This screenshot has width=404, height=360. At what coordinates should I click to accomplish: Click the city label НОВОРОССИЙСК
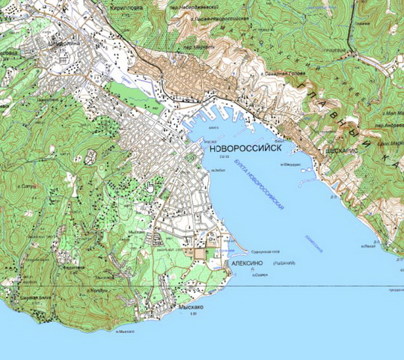coord(240,149)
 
